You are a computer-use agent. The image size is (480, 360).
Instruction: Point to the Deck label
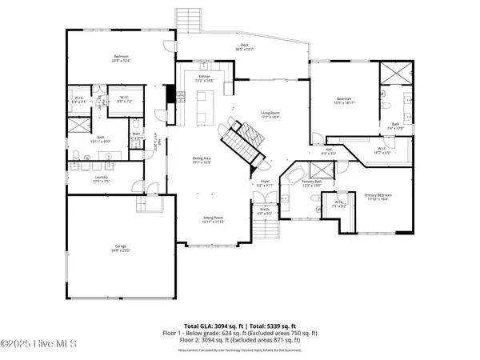click(x=245, y=46)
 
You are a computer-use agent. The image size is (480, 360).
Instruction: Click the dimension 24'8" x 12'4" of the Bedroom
click(x=121, y=61)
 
